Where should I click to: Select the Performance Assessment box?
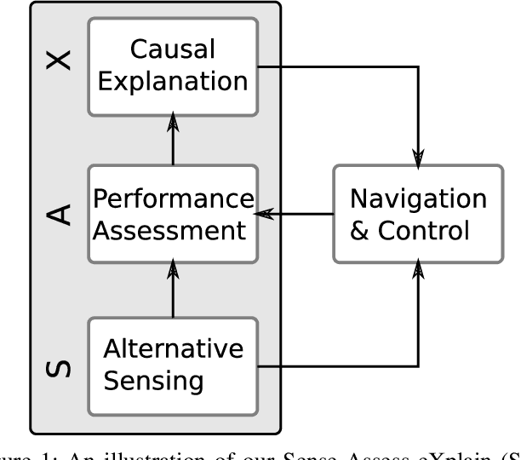click(172, 213)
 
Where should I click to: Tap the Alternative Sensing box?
click(172, 365)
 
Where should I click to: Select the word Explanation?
click(172, 83)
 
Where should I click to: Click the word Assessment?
click(172, 229)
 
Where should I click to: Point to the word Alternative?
click(172, 348)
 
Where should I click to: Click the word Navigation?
click(418, 198)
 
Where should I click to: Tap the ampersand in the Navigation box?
click(360, 230)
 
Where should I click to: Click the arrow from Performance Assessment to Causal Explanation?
click(172, 141)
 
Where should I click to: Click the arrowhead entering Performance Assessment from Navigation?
click(266, 214)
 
